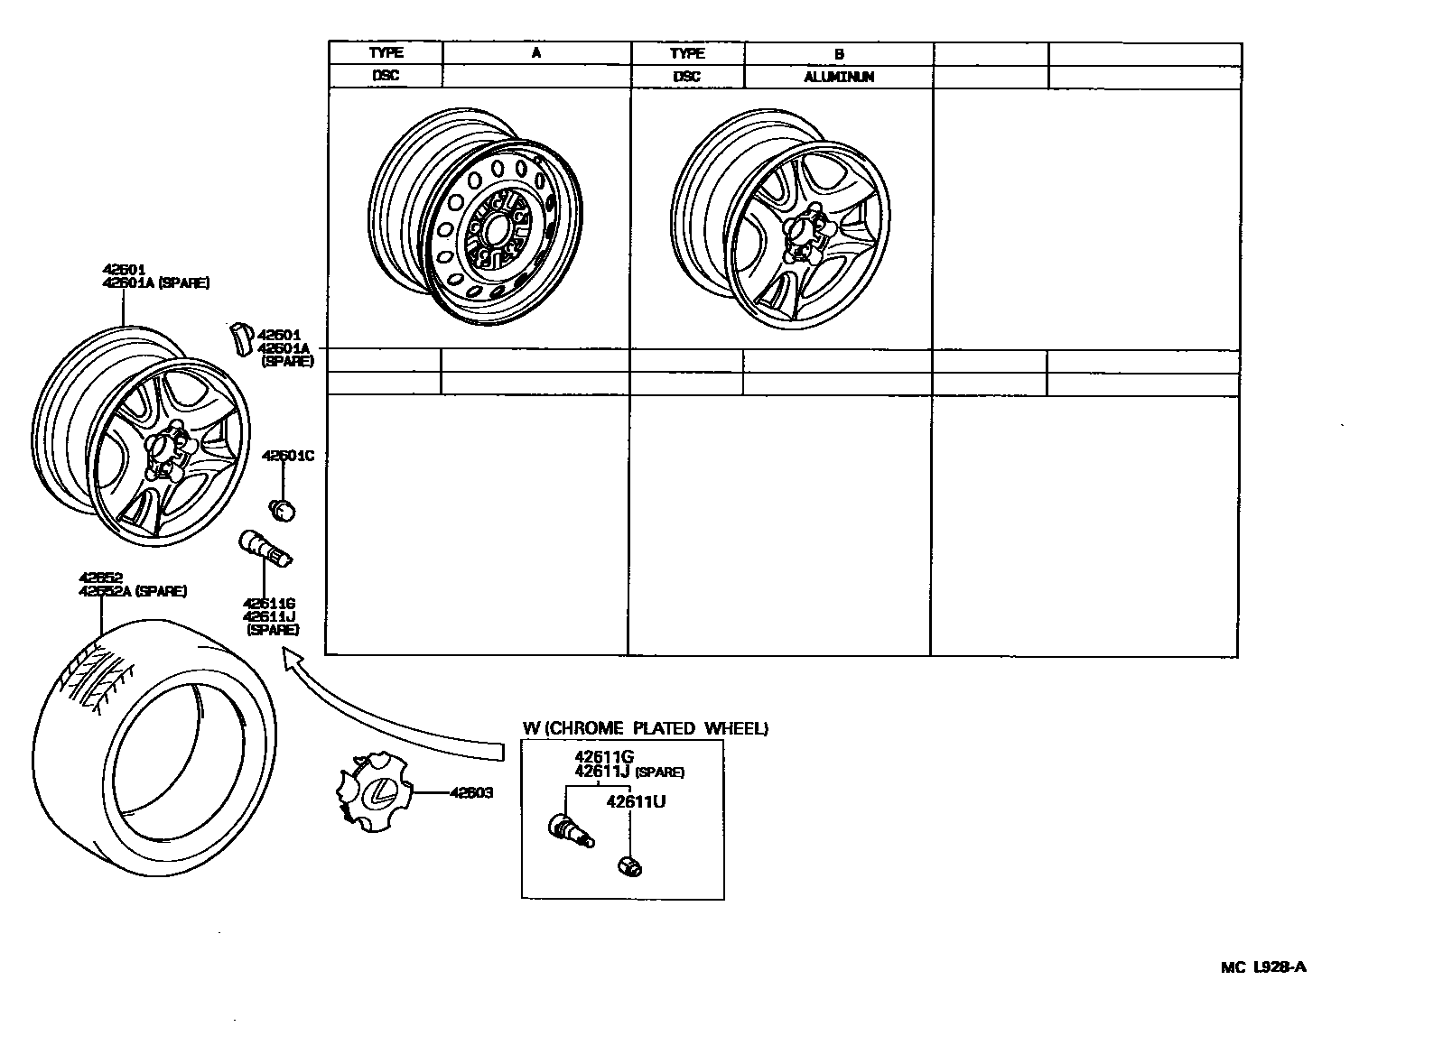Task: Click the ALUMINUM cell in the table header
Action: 839,77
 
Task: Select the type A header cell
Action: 536,52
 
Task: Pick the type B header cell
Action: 839,53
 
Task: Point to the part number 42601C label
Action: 287,456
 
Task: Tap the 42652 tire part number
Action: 99,578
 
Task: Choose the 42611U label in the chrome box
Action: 636,801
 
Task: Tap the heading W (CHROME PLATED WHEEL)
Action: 645,728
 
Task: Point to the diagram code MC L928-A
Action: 1263,967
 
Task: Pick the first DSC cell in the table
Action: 386,76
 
